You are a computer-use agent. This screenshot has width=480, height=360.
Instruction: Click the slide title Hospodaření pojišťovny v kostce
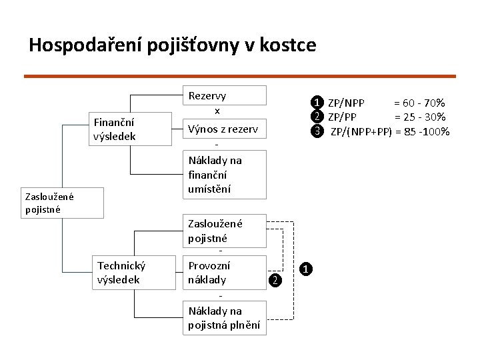172,45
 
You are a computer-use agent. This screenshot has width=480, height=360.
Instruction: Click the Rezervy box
224,96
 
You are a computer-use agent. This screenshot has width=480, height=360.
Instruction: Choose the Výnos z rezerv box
224,129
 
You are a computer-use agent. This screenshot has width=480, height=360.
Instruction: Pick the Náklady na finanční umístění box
224,174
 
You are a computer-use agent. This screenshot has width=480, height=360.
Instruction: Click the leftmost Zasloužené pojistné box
63,203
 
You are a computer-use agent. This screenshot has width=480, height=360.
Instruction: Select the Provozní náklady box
224,272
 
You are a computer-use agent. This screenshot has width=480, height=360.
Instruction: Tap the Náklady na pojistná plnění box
224,318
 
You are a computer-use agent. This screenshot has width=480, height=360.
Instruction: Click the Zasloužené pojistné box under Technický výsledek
224,231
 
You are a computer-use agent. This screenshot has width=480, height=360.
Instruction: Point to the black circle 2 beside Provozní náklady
275,280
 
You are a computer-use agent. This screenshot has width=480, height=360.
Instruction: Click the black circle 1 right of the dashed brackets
305,269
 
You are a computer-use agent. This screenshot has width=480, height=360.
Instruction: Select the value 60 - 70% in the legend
419,103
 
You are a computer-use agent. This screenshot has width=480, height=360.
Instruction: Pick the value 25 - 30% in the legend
419,117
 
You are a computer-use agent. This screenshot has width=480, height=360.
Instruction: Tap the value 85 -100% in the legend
425,131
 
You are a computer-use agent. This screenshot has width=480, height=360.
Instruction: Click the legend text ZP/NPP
347,103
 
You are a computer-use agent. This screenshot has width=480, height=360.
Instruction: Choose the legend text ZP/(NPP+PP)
362,131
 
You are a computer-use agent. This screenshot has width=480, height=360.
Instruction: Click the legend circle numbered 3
318,130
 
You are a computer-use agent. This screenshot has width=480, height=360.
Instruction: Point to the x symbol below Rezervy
217,111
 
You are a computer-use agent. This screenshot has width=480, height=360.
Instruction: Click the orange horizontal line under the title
240,77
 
